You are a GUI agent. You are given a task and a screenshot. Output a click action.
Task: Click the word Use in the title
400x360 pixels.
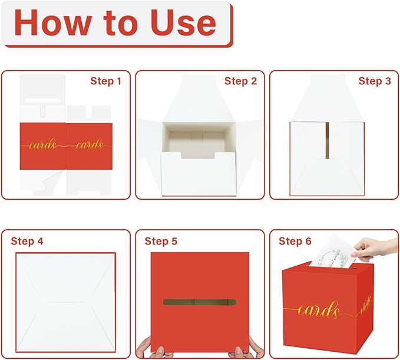(x=183, y=23)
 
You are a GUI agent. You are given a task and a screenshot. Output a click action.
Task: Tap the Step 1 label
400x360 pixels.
(x=105, y=81)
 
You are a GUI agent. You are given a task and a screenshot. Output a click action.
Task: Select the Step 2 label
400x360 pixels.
(x=240, y=81)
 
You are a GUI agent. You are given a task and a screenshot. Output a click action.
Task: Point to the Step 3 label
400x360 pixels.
(x=374, y=81)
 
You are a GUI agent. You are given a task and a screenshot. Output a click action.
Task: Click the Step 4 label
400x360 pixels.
(x=27, y=241)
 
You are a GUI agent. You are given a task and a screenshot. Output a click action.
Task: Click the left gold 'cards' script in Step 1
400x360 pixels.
(x=42, y=145)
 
